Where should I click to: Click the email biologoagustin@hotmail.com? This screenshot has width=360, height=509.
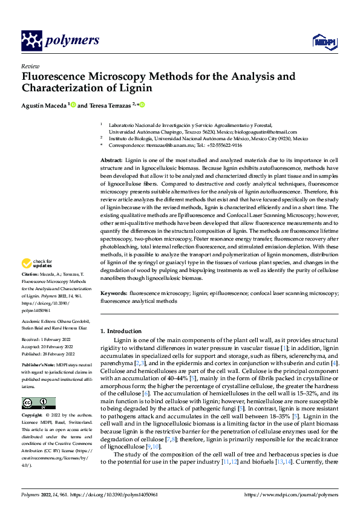coord(265,131)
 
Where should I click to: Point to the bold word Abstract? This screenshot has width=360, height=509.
coord(113,159)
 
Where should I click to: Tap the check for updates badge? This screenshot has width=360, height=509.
coord(35,263)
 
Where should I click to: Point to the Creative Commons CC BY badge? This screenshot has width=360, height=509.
coord(38,386)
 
